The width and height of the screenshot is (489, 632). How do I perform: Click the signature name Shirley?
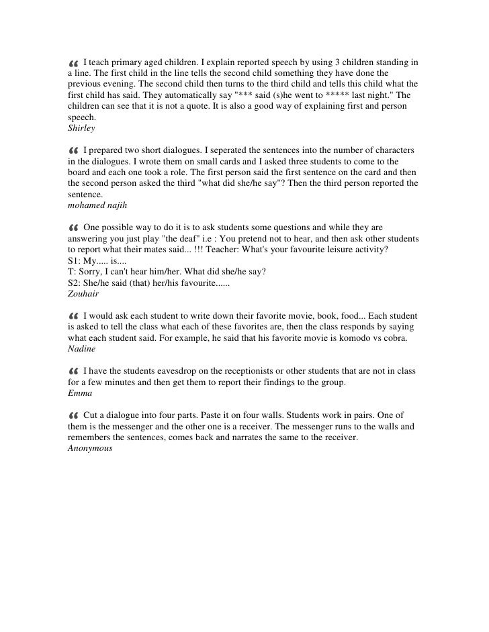(x=81, y=127)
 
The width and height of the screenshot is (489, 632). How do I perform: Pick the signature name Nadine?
(x=82, y=349)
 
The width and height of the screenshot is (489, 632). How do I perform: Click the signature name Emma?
(x=79, y=393)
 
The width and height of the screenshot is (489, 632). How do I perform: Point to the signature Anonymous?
(x=91, y=449)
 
